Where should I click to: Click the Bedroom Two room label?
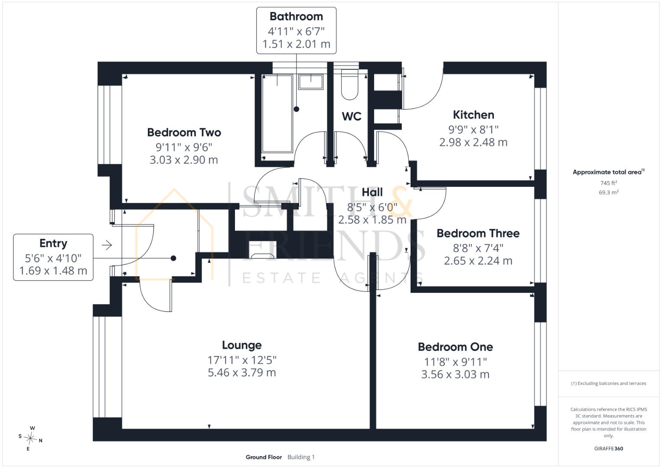[184, 132]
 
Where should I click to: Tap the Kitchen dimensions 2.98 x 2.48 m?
[473, 143]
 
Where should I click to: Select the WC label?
[352, 116]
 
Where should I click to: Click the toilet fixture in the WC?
[349, 85]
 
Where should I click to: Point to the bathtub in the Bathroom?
[277, 114]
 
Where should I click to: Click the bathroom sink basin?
[310, 82]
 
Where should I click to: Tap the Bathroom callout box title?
[296, 16]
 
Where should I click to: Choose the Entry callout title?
[53, 243]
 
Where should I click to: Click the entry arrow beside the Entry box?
[107, 245]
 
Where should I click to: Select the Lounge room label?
[242, 345]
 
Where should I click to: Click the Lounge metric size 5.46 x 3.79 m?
[242, 373]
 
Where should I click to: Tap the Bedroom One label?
[455, 347]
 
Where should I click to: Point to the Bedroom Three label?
[478, 234]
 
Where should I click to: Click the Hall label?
[372, 192]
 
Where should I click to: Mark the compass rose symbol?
[30, 438]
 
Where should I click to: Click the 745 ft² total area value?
[608, 183]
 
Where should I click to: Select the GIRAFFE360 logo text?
[609, 448]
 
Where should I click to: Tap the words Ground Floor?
[264, 457]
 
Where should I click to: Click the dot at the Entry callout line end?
[173, 258]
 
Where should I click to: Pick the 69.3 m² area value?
[609, 192]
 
